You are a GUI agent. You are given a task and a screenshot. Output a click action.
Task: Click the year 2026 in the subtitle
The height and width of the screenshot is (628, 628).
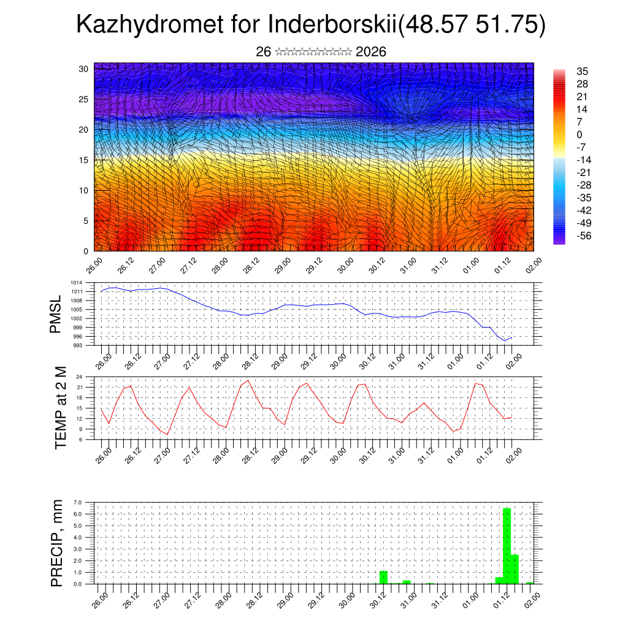point(370,52)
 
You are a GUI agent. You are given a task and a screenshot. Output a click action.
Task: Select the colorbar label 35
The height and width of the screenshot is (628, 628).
point(583,71)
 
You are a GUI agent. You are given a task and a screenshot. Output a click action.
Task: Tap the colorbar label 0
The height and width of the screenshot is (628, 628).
point(580,134)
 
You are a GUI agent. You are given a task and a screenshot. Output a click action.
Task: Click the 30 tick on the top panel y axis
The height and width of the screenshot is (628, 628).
point(84,69)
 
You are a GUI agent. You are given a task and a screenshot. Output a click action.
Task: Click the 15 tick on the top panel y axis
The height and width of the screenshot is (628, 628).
point(84,160)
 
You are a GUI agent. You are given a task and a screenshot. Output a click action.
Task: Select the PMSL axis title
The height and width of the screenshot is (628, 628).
point(56,314)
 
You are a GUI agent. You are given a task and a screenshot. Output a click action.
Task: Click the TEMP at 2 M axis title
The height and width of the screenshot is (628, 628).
point(60,407)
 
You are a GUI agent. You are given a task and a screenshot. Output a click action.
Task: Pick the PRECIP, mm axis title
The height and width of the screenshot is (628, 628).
point(57,543)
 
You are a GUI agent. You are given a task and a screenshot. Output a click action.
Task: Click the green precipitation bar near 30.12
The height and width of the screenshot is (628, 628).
point(383,578)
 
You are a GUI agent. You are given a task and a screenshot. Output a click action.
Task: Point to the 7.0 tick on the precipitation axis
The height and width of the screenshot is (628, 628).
point(77,502)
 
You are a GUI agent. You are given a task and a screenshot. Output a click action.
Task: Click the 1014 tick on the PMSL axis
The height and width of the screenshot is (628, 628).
point(77,283)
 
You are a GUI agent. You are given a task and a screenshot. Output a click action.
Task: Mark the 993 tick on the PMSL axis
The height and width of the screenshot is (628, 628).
point(78,345)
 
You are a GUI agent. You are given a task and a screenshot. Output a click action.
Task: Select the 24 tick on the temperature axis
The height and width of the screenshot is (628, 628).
point(79,377)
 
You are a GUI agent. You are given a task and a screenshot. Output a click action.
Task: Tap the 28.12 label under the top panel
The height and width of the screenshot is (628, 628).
point(249,267)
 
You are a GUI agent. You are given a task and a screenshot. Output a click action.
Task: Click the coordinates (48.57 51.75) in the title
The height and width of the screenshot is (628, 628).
point(472,25)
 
